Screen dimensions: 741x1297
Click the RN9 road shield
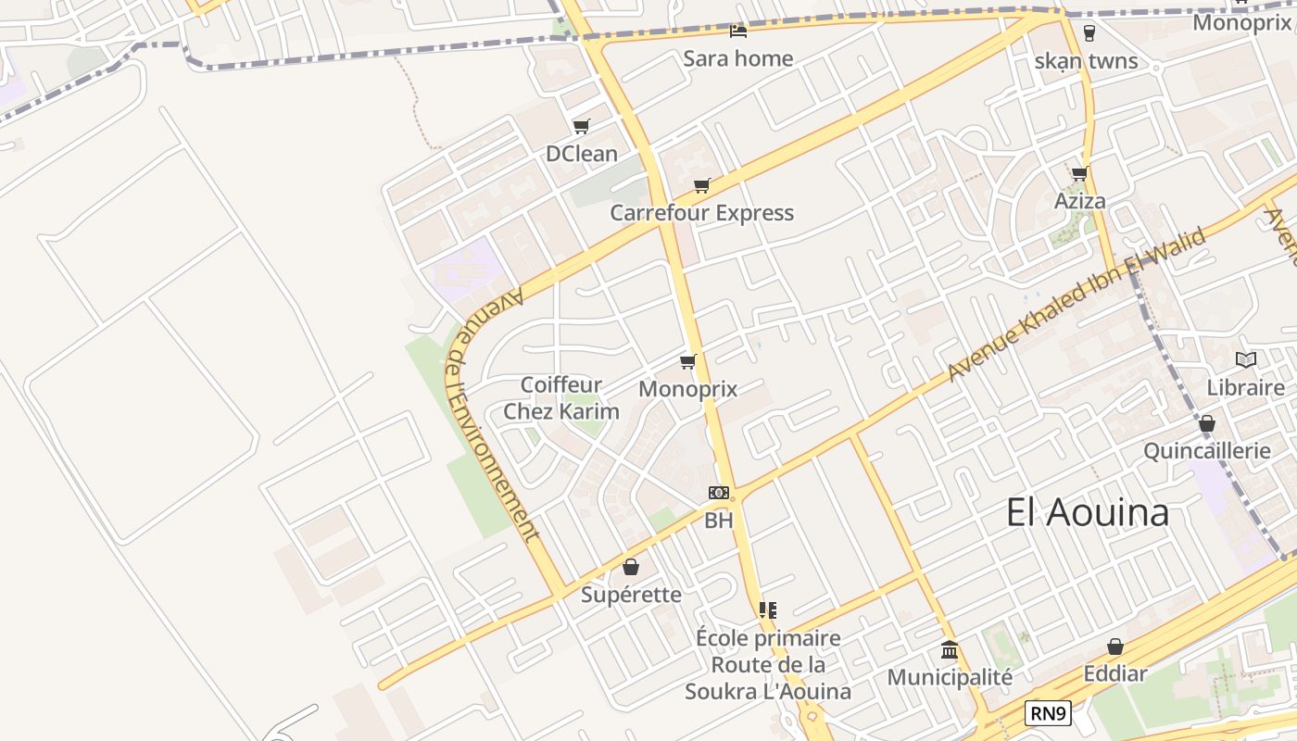(x=1049, y=713)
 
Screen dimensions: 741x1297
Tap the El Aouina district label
(x=1088, y=512)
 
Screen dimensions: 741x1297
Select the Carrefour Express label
(x=701, y=213)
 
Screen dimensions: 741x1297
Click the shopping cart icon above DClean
(x=581, y=127)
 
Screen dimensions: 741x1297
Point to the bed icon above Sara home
(x=738, y=31)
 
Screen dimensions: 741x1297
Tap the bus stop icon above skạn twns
(x=1089, y=33)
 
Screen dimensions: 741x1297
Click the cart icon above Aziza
(x=1079, y=173)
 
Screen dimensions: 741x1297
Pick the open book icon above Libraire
(x=1246, y=359)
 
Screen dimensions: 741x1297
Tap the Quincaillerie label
(x=1207, y=451)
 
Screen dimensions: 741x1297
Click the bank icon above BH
(x=718, y=493)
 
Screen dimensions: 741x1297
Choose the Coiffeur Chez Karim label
(x=561, y=398)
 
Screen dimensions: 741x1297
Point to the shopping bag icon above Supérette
(x=631, y=567)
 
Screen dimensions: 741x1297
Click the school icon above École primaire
(x=767, y=609)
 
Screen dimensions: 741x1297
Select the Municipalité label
(x=950, y=678)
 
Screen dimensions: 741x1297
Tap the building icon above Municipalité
(x=950, y=649)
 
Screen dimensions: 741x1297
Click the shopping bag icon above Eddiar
(x=1115, y=647)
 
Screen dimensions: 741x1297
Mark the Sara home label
(x=738, y=58)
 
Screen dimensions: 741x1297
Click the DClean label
(x=581, y=154)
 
